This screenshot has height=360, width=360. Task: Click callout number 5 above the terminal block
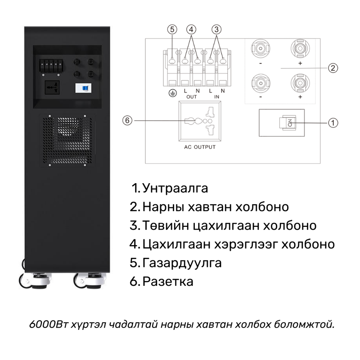pyautogui.click(x=172, y=29)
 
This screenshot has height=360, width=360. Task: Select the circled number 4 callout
pyautogui.click(x=191, y=29)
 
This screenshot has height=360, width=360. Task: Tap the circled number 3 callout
pyautogui.click(x=216, y=29)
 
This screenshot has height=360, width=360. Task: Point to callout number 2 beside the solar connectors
pyautogui.click(x=333, y=68)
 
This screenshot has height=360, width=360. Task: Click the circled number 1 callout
pyautogui.click(x=333, y=123)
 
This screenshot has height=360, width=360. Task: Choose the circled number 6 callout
pyautogui.click(x=127, y=121)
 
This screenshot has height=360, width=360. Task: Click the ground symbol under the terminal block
pyautogui.click(x=173, y=93)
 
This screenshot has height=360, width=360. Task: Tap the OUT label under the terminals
pyautogui.click(x=192, y=97)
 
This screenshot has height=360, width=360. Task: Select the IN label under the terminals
pyautogui.click(x=216, y=97)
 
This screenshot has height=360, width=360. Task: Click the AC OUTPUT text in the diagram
pyautogui.click(x=200, y=147)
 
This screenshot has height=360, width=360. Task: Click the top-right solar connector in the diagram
pyautogui.click(x=300, y=49)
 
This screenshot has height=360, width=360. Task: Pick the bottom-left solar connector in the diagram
pyautogui.click(x=261, y=83)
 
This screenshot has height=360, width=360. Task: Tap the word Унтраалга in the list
pyautogui.click(x=175, y=188)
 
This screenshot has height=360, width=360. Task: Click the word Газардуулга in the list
pyautogui.click(x=182, y=263)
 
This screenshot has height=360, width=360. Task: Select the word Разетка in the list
pyautogui.click(x=168, y=282)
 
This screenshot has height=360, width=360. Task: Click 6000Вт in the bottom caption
pyautogui.click(x=49, y=324)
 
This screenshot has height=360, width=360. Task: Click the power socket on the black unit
pyautogui.click(x=52, y=87)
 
